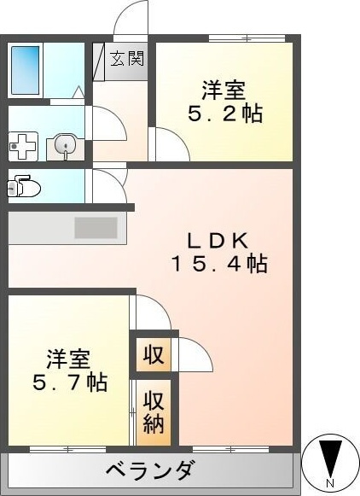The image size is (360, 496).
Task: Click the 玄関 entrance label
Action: (x=127, y=59)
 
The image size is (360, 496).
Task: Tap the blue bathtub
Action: (x=26, y=70)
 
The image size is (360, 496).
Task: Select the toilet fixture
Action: (x=24, y=187)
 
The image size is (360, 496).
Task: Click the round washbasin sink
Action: (x=66, y=145)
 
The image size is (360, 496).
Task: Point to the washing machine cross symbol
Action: (x=23, y=147)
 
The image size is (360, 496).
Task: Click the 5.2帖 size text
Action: (x=225, y=114)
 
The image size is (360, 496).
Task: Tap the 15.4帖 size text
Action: (x=219, y=264)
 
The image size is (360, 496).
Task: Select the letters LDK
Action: (x=218, y=242)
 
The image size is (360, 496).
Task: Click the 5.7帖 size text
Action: (x=70, y=382)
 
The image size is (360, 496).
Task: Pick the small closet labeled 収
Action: (x=154, y=354)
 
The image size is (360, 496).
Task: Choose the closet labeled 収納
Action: (x=154, y=412)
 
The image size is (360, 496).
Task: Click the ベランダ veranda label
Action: (x=149, y=470)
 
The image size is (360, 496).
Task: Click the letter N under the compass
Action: (x=330, y=483)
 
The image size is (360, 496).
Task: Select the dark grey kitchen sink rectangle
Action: (x=96, y=228)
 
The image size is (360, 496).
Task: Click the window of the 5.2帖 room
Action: (x=247, y=38)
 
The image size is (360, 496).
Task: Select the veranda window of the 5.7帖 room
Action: (x=68, y=449)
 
